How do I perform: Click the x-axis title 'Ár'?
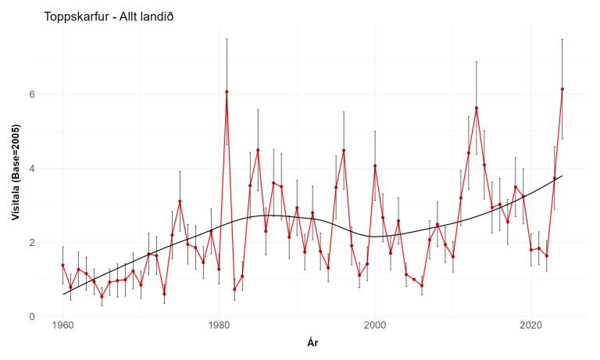[312, 342]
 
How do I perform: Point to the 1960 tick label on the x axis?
[62, 325]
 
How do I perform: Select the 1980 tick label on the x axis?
[219, 325]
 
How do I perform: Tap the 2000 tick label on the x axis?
[375, 325]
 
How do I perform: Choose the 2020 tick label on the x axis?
[530, 325]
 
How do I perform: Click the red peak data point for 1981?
[227, 91]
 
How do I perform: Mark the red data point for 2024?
[562, 89]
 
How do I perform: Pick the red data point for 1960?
[62, 266]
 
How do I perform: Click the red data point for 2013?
[477, 108]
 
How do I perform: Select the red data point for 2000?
[375, 166]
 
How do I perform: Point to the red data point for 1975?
[180, 201]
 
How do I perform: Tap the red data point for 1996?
[344, 151]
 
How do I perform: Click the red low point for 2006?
[422, 285]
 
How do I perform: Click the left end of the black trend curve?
[62, 294]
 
